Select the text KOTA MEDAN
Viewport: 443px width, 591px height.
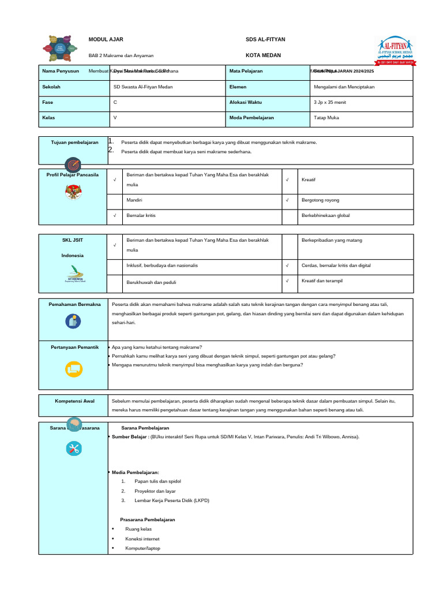[263, 55]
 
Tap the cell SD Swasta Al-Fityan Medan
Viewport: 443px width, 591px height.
[143, 87]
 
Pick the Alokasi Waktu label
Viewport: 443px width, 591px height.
[245, 102]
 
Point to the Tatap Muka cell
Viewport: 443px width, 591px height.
[326, 118]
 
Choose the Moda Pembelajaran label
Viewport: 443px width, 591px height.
[251, 118]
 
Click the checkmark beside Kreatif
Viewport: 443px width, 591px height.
[287, 180]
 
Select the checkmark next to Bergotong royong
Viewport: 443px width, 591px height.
[287, 200]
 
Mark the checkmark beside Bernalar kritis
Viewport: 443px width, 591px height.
[115, 215]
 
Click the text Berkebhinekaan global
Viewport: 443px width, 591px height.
[326, 215]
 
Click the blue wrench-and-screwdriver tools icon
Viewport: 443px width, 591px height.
[74, 448]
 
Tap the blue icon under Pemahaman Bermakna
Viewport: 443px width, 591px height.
[73, 321]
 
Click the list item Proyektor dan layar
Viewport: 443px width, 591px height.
[155, 491]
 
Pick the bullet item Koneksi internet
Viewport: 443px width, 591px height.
[142, 538]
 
